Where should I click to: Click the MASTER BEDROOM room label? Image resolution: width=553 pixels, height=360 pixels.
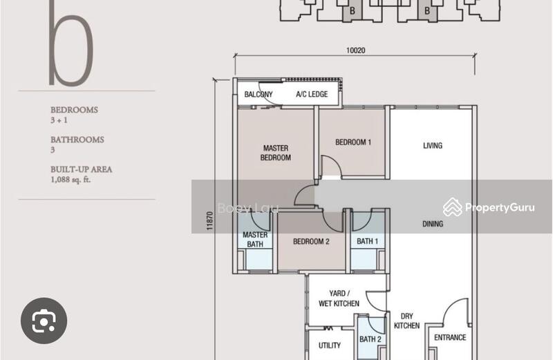[x=276, y=153]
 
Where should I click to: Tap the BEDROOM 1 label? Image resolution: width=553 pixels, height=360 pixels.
[x=353, y=142]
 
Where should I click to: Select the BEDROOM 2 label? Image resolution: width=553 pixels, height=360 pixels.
[x=311, y=242]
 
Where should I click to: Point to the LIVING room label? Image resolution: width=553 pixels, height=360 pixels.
[x=433, y=145]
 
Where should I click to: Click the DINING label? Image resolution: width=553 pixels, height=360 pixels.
[x=433, y=224]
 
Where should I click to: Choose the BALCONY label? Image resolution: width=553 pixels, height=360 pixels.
[x=259, y=94]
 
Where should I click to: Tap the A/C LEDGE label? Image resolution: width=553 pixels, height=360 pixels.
[x=312, y=94]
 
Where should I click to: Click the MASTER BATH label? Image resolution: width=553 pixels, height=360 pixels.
[x=255, y=239]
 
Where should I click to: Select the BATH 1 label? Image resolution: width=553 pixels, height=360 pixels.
[x=368, y=241]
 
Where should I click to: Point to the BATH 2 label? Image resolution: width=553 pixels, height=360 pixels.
[x=371, y=339]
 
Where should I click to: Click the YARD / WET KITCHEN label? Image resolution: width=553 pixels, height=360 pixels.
[x=339, y=299]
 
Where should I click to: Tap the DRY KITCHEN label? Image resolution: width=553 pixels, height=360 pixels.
[x=406, y=321]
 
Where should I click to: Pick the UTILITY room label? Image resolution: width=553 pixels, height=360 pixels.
[x=330, y=345]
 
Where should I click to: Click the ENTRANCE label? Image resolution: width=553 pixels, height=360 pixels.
[x=450, y=337]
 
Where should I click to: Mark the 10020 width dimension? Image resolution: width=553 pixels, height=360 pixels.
[x=355, y=50]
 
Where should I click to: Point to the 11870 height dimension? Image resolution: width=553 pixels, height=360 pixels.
[x=210, y=221]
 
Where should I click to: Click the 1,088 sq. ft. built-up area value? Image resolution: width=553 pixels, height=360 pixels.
[x=71, y=180]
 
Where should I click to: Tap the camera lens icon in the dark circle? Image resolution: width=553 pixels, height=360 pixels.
[x=44, y=321]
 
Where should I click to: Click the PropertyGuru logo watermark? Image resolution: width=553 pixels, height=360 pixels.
[x=489, y=207]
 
